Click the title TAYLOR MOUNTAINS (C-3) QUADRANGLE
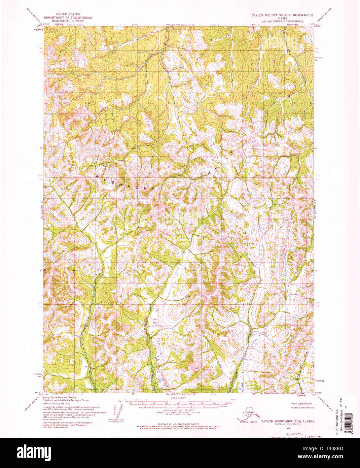(x=282, y=15)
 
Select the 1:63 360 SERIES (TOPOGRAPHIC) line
(x=282, y=21)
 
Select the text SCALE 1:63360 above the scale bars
(x=179, y=398)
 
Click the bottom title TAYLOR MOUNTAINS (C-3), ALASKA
(x=287, y=421)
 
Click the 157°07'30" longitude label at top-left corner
(x=44, y=24)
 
